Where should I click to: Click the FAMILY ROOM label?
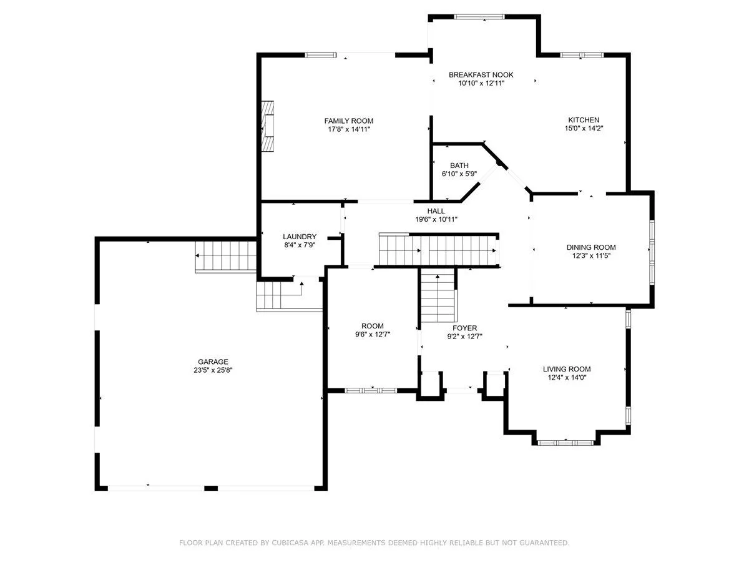coord(348,121)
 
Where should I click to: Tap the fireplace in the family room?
coord(268,126)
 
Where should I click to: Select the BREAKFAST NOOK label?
coord(481,75)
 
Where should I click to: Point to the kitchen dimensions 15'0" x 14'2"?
coord(584,129)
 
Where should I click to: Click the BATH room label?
coord(459,165)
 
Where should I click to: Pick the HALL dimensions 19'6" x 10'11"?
coord(436,219)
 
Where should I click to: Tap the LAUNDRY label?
coord(300,237)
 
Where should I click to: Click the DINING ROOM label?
coord(591,247)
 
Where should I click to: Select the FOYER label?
coord(465,328)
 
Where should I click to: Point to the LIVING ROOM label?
coord(567,369)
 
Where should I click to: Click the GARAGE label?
coord(213,362)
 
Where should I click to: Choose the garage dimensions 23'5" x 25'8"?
coord(213,370)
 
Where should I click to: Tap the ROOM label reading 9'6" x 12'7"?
coord(372,326)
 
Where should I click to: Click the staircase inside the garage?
coord(225,257)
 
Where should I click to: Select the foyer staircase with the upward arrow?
coord(439,295)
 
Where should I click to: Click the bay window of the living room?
coord(565,443)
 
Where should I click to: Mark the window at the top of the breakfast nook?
coord(479,16)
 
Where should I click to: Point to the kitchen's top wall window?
coord(582,55)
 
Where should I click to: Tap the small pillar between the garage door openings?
coord(211,488)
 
